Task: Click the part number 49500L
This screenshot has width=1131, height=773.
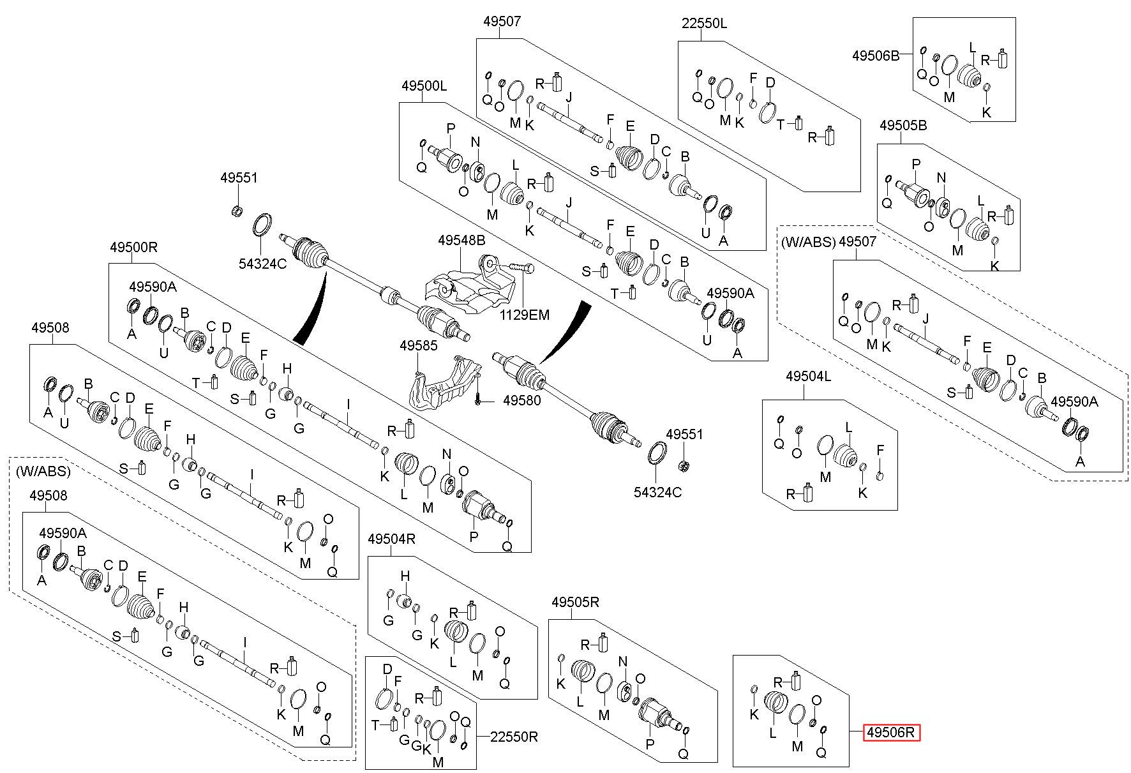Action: click(424, 86)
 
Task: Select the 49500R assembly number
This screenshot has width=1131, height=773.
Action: click(133, 246)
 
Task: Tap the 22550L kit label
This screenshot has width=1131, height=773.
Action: click(704, 24)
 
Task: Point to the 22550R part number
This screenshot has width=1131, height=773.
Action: click(514, 737)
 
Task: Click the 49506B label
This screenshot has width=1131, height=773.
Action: click(875, 56)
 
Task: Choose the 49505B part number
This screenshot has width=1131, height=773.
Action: click(903, 126)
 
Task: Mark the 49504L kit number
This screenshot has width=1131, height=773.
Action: click(808, 377)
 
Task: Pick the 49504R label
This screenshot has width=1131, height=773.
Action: click(392, 539)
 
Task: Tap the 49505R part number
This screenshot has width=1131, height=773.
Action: click(576, 602)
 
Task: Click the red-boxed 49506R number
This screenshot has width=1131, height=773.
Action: click(892, 733)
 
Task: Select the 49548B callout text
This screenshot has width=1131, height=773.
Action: click(461, 241)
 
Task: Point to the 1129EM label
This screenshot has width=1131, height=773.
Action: click(524, 315)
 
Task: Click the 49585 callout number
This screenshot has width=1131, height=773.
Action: click(419, 345)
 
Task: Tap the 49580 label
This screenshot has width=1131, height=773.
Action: click(521, 401)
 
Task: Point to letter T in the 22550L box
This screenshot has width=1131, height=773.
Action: click(781, 124)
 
